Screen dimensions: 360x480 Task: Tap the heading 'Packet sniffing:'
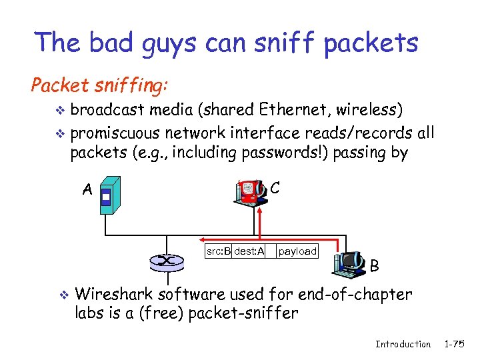(101, 86)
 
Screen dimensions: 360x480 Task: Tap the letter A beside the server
(87, 190)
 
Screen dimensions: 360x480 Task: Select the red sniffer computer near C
(250, 191)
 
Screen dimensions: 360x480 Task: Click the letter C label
(275, 188)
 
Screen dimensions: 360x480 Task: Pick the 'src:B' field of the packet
(218, 251)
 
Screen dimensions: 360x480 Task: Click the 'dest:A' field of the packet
(249, 251)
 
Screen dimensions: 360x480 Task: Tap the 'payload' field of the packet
(297, 251)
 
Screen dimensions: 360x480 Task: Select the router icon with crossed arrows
(167, 261)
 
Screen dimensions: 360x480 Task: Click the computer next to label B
(349, 263)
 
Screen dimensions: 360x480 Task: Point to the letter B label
(375, 267)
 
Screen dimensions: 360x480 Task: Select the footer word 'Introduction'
(403, 344)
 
